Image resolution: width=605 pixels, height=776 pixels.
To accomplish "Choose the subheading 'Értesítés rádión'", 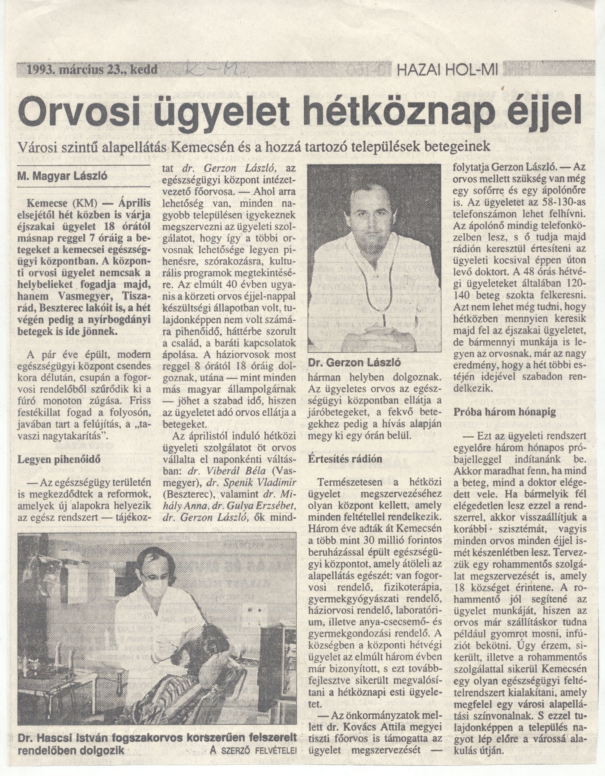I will pyautogui.click(x=345, y=458).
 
